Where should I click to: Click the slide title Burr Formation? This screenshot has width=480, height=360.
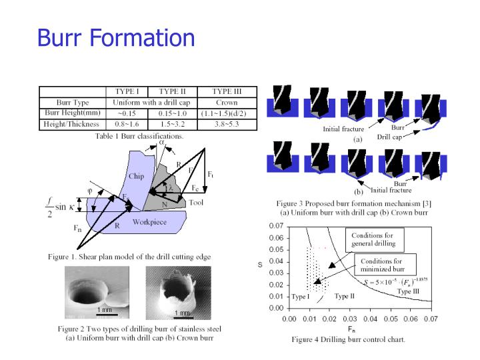click(116, 37)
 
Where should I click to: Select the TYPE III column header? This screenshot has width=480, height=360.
click(227, 92)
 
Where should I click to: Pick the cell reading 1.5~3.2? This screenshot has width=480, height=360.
click(173, 123)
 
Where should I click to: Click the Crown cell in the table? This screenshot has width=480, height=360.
click(227, 103)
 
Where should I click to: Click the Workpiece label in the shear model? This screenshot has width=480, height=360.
click(149, 222)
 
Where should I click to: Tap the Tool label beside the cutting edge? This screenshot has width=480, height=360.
click(196, 203)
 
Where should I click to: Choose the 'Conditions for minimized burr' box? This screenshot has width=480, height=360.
click(383, 265)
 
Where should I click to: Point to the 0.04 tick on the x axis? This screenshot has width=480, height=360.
click(370, 319)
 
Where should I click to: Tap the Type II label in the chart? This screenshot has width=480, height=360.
click(344, 296)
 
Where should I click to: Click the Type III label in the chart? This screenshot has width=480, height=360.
click(408, 291)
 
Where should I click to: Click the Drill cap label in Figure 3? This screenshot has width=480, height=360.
click(389, 137)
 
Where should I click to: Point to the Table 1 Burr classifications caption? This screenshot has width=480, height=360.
click(139, 135)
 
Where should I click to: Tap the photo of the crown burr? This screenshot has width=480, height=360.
click(179, 292)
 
